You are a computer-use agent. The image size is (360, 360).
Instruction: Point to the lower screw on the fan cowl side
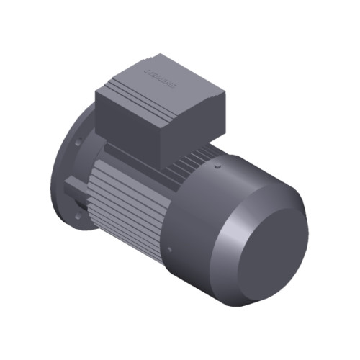point(168,249)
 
